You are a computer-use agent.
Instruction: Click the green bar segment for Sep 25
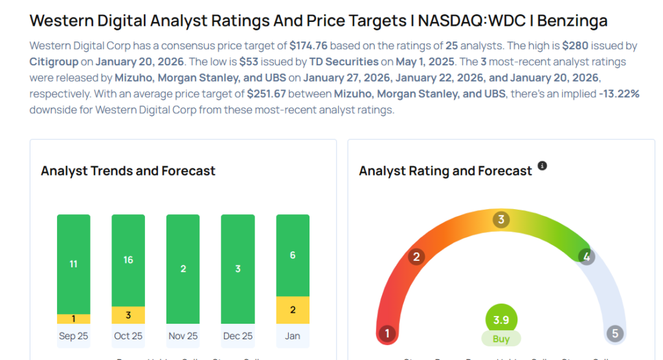click(x=73, y=264)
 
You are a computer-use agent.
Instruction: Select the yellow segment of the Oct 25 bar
click(x=128, y=315)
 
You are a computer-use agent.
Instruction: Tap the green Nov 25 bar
click(x=183, y=269)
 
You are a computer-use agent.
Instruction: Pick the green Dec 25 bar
click(x=238, y=269)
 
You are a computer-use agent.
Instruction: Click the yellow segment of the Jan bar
click(x=293, y=310)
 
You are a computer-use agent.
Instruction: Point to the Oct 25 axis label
click(x=128, y=336)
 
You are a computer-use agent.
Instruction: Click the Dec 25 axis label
click(x=238, y=336)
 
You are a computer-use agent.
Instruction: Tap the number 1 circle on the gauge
click(x=387, y=334)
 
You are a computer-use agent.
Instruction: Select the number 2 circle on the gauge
click(x=416, y=257)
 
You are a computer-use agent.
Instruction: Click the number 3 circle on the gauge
click(x=500, y=219)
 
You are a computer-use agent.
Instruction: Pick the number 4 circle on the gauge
click(x=585, y=257)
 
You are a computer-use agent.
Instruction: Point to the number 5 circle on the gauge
click(x=614, y=334)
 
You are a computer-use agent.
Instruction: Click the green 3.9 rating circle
click(x=501, y=320)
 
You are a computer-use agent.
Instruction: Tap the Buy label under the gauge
click(x=501, y=339)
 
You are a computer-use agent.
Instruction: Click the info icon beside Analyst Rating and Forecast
click(x=543, y=166)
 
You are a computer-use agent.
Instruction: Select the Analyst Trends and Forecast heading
click(x=128, y=171)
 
